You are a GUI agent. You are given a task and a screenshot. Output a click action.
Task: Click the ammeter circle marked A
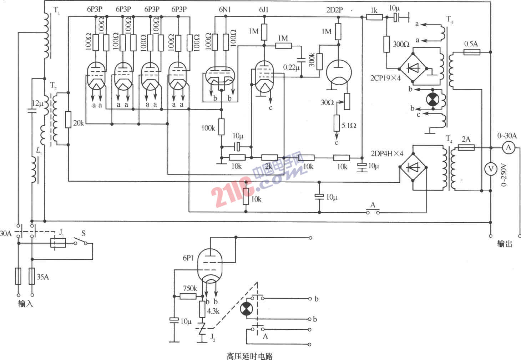click(x=509, y=147)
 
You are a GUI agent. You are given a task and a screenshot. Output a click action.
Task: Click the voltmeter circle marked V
click(x=491, y=169)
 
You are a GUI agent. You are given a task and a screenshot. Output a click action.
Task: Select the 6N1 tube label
click(x=224, y=10)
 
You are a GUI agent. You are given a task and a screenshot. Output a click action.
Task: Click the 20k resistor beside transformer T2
click(x=68, y=120)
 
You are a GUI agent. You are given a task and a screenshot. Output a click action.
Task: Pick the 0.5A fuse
click(x=471, y=52)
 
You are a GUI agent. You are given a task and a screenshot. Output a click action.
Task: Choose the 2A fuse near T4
click(x=466, y=147)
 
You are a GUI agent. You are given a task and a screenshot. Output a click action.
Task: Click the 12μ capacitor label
click(x=37, y=103)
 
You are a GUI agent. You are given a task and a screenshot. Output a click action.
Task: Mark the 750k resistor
click(x=188, y=296)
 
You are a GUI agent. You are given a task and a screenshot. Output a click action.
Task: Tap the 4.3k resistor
click(x=202, y=309)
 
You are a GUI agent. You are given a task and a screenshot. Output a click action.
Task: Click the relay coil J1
click(x=58, y=243)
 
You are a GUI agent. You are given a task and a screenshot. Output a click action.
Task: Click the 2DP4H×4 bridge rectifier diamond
click(x=413, y=167)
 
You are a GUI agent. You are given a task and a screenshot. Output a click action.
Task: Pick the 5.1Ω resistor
click(x=337, y=123)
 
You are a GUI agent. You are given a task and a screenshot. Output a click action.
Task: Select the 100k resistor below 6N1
click(x=221, y=127)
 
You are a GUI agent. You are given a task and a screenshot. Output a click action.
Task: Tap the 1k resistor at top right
click(x=374, y=17)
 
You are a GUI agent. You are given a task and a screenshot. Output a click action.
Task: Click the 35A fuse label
click(x=42, y=277)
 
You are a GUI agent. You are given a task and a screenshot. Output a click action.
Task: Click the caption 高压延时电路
click(x=249, y=356)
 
